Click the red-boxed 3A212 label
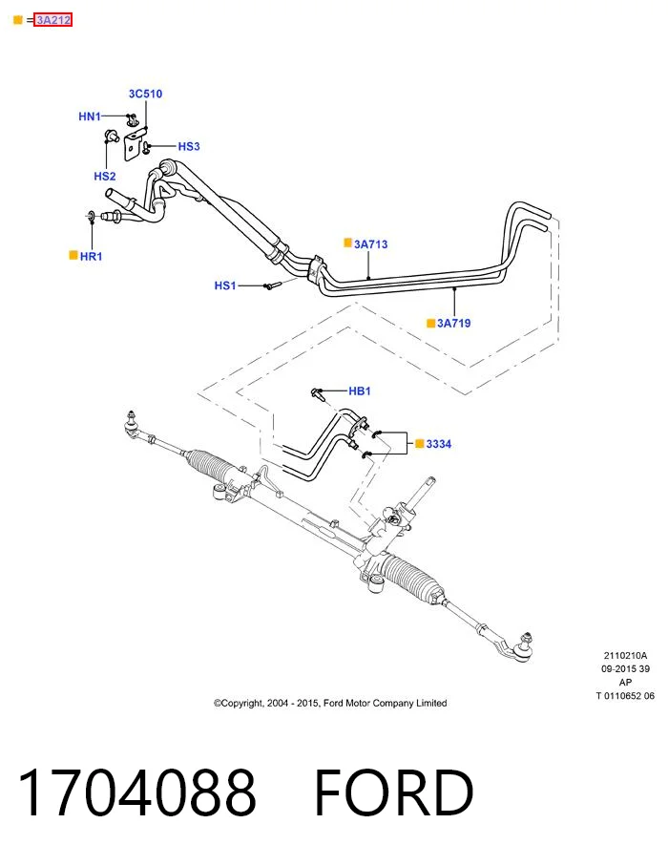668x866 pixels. [53, 20]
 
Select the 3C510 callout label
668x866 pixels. [146, 94]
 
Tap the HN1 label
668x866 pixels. [90, 116]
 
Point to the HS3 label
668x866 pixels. [189, 146]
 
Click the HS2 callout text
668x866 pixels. [105, 177]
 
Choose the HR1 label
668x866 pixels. [91, 256]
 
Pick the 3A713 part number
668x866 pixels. [371, 244]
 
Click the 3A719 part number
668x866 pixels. [454, 323]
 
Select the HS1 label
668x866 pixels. [225, 285]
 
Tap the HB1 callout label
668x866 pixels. [360, 391]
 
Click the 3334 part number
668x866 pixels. [439, 444]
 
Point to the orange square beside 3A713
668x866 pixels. [347, 243]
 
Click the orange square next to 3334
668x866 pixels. [420, 443]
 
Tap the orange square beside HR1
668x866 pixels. [73, 255]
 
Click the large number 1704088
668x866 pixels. [136, 792]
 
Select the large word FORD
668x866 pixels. [394, 792]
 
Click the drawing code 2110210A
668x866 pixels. [625, 656]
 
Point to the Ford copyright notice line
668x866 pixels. [330, 703]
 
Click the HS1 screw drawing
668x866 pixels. [272, 285]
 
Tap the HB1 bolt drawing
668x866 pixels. [318, 393]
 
